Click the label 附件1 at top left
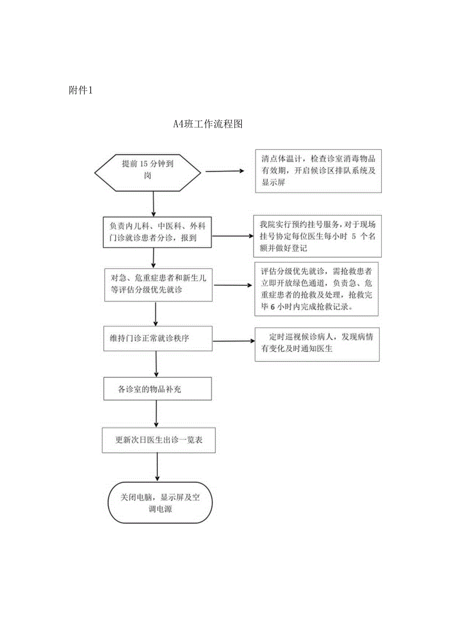[81, 90]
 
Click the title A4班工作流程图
[208, 124]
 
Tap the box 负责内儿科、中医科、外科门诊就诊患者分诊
[157, 231]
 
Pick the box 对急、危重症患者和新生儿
[158, 284]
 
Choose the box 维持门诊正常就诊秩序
[158, 337]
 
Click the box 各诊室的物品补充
[158, 389]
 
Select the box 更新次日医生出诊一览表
[158, 440]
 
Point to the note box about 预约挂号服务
[317, 236]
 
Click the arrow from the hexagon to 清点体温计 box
[225, 171]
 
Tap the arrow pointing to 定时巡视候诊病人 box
[233, 341]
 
